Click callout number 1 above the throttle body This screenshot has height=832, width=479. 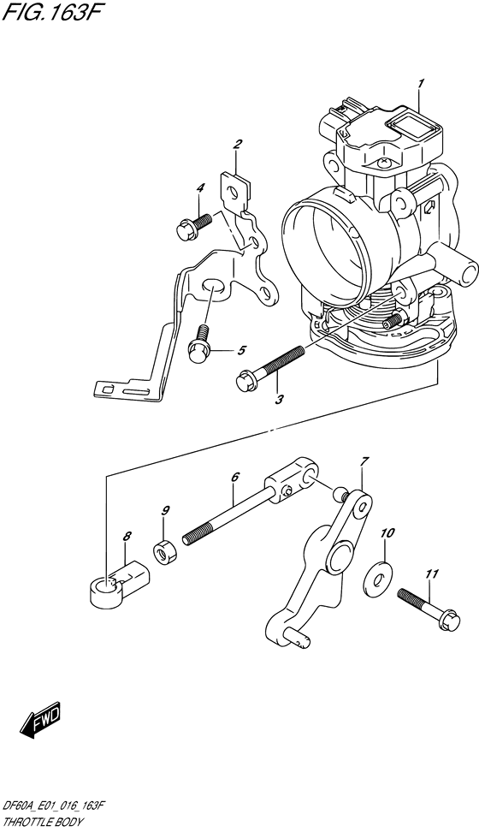[421, 83]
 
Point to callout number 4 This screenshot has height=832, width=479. [200, 188]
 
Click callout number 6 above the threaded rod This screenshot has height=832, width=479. [234, 477]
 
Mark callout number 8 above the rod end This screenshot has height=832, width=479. [127, 536]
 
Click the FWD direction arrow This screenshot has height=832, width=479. [40, 725]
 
